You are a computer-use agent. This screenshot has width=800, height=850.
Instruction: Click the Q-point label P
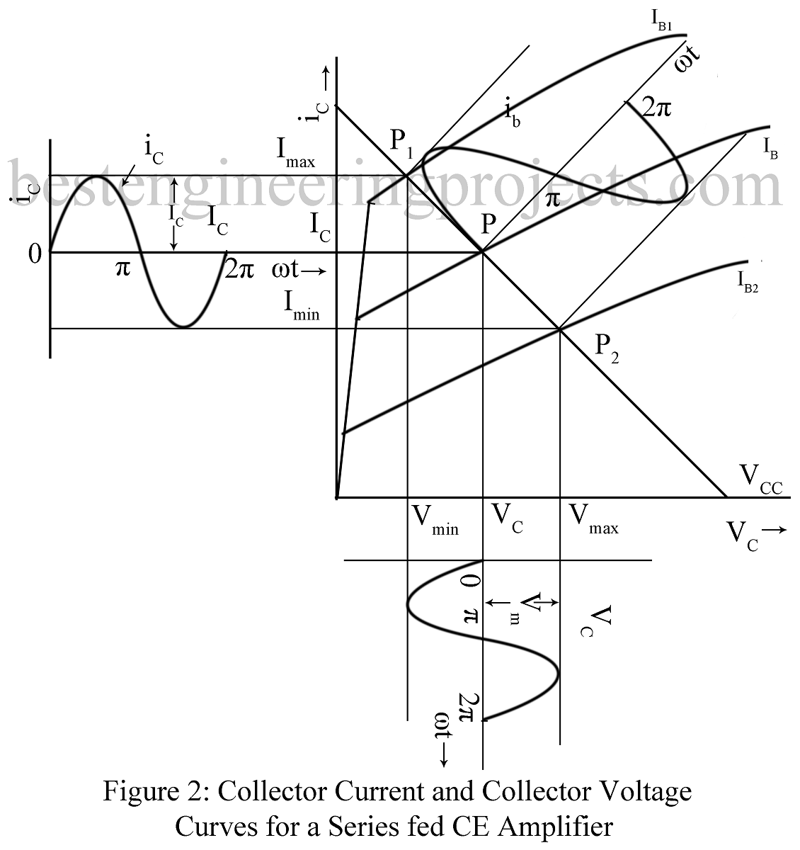click(x=488, y=225)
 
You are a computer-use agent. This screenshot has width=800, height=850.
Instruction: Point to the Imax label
click(x=296, y=152)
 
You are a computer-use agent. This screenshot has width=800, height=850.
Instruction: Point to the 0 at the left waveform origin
click(x=35, y=254)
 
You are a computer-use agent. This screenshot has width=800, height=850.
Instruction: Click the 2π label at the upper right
click(x=656, y=108)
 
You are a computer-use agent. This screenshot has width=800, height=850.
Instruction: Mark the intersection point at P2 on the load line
click(x=560, y=329)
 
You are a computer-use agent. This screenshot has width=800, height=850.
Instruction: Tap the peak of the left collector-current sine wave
click(x=98, y=176)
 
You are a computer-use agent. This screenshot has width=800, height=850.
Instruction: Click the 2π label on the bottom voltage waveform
click(x=468, y=705)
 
